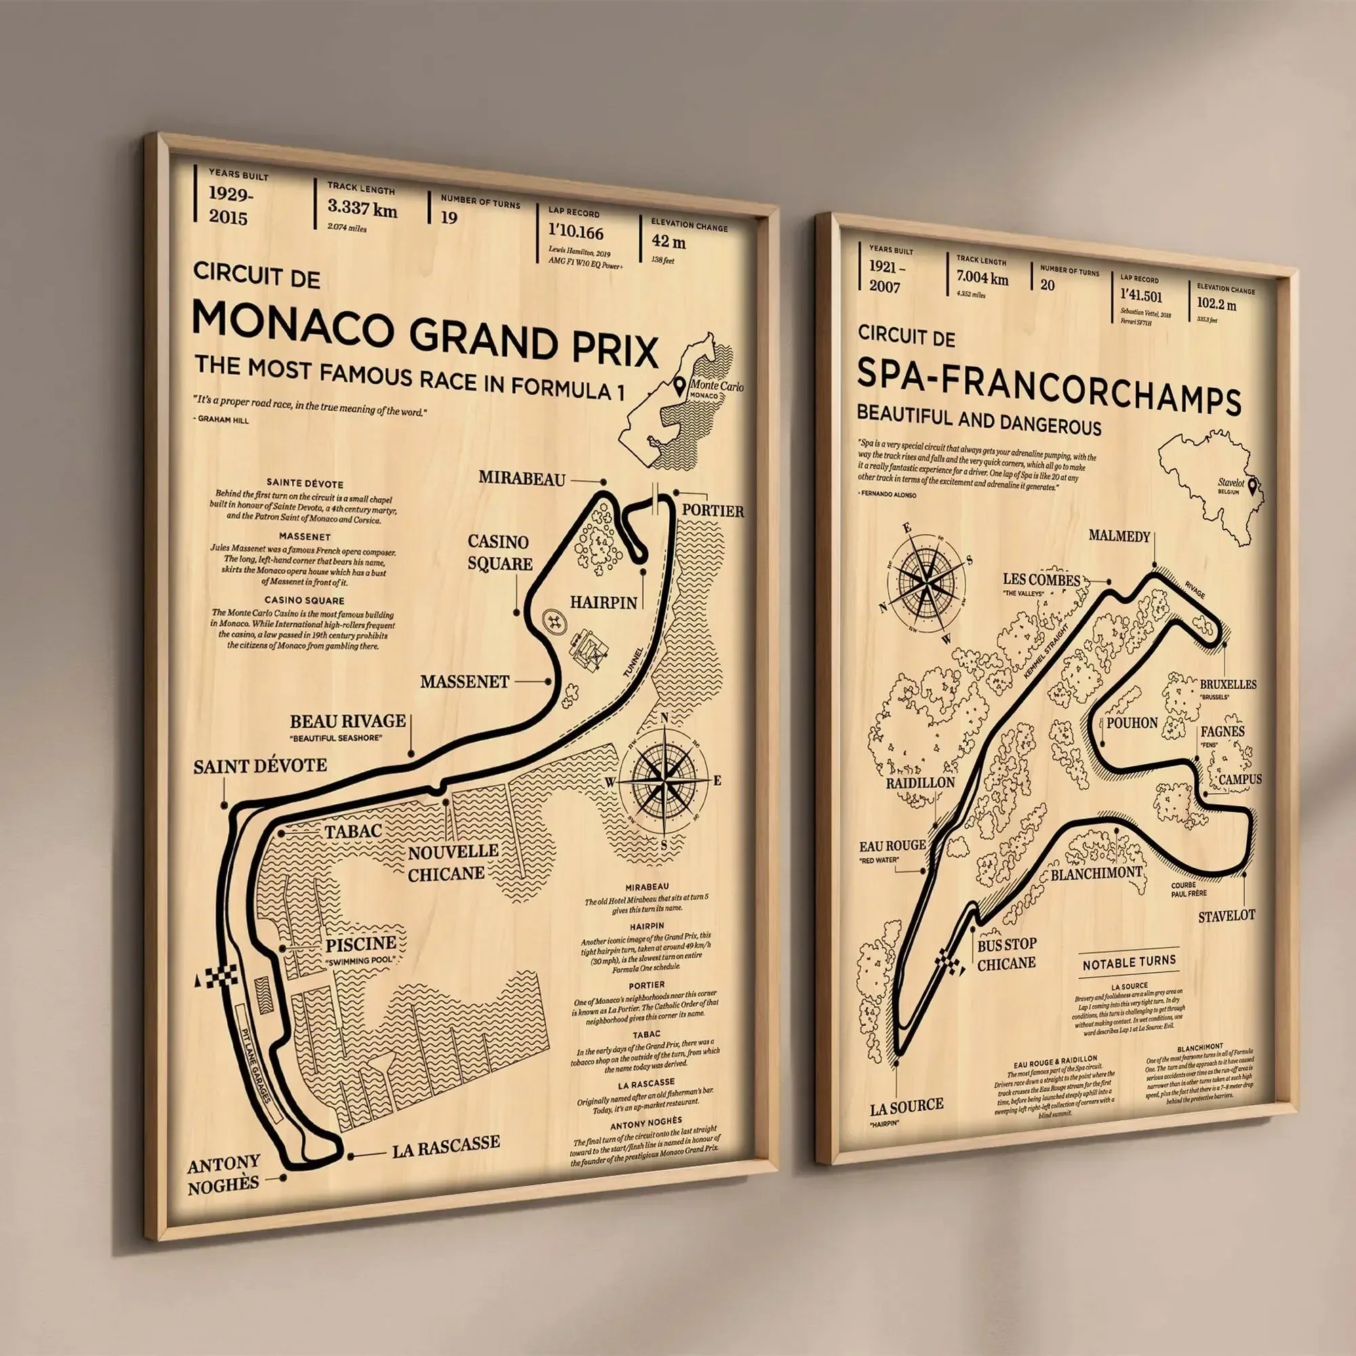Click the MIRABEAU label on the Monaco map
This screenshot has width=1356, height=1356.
[x=521, y=479]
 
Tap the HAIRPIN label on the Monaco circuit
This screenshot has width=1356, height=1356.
[x=603, y=601]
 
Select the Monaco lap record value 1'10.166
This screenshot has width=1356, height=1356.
[x=576, y=233]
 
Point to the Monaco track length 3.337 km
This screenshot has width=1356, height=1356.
[x=362, y=208]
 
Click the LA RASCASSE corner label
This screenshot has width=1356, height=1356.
[x=445, y=1143]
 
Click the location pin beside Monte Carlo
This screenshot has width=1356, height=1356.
[x=679, y=385]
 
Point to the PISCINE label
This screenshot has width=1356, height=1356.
[x=361, y=943]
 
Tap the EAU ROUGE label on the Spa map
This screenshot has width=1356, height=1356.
[x=892, y=845]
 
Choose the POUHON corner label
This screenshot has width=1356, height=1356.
[x=1132, y=723]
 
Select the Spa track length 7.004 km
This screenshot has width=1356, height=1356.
[x=982, y=279]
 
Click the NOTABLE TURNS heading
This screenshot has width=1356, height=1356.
[x=1129, y=963]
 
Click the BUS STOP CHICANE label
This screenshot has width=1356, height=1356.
[x=1006, y=953]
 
